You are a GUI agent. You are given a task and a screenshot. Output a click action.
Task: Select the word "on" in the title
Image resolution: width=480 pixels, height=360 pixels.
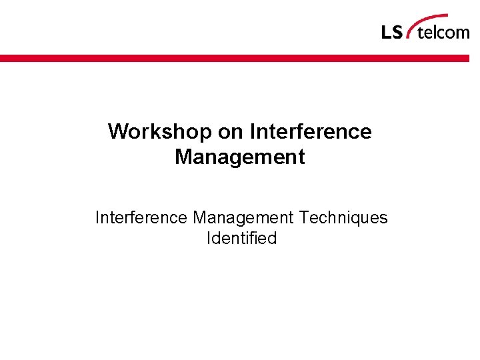coord(231,131)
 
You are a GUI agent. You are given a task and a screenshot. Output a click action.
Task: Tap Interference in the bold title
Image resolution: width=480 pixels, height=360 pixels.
coord(311,131)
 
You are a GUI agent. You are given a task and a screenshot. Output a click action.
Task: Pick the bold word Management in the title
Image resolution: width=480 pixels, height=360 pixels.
coord(239,157)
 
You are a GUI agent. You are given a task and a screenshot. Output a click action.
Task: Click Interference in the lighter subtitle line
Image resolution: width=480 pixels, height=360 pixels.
coord(141,218)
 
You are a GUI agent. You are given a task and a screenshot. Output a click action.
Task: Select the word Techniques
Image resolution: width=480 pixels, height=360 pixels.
coord(343,218)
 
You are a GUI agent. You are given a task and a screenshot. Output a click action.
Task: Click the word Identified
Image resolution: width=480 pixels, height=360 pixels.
coord(241,238)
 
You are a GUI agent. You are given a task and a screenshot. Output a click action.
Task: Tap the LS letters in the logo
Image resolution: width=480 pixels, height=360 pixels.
coord(392,32)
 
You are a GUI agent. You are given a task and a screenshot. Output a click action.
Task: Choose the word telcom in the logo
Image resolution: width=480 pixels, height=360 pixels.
coord(443,31)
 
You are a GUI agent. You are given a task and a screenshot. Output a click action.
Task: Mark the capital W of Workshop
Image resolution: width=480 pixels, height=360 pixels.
coord(118,131)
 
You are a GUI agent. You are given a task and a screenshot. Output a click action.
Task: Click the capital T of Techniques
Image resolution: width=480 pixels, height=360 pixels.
coord(304,218)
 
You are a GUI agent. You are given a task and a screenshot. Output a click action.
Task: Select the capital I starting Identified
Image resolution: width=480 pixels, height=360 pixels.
coord(209,238)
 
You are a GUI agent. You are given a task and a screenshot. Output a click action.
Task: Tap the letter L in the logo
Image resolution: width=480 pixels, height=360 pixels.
coord(387,32)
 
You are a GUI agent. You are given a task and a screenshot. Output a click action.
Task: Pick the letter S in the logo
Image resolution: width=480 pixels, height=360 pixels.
coord(397,32)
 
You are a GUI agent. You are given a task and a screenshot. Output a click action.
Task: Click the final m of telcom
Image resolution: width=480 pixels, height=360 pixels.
coord(463,33)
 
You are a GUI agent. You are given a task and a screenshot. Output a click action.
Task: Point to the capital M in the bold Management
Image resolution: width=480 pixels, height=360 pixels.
coord(183,157)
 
